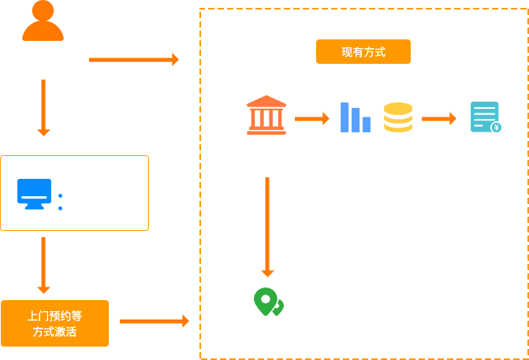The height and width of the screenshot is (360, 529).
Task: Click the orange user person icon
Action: tap(43, 21)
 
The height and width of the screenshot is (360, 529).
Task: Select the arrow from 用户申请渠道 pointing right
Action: tap(134, 60)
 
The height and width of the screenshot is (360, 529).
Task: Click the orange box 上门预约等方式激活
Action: tap(55, 323)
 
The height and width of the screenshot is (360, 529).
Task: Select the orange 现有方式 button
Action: tap(363, 52)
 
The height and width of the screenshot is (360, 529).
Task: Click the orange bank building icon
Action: tap(266, 115)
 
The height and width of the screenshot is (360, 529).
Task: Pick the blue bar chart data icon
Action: tap(355, 117)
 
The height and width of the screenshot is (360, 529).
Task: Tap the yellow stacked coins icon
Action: tap(398, 117)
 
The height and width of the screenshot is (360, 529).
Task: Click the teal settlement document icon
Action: tap(485, 117)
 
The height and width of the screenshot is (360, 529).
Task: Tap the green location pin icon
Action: tap(267, 302)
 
